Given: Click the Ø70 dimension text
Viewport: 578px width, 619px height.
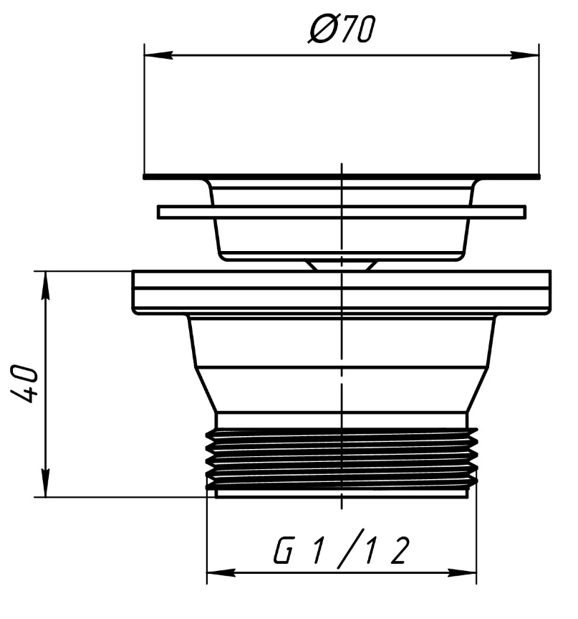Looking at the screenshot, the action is [x=342, y=29].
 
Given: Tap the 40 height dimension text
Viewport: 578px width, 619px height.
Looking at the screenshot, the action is [x=24, y=384].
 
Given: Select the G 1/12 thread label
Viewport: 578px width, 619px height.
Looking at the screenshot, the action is [x=342, y=549].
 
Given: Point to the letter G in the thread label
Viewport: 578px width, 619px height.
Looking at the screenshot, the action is [x=284, y=550].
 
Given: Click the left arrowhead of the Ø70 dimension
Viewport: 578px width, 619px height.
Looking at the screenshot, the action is [x=158, y=55].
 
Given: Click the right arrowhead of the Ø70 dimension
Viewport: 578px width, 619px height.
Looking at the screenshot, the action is [x=525, y=55].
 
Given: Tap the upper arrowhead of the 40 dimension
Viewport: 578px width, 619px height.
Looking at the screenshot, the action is [x=46, y=285].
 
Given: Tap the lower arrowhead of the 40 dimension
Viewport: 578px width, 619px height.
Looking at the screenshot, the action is [x=46, y=483].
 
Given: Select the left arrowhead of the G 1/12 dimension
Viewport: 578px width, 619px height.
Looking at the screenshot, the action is [x=221, y=573].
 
